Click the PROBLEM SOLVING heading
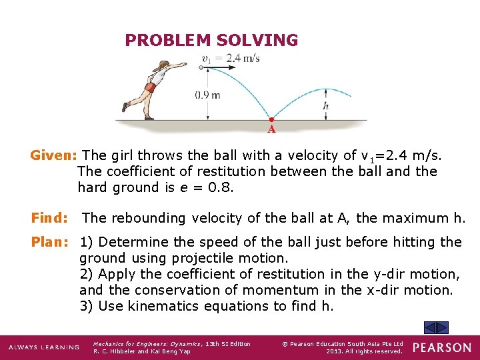click(x=211, y=41)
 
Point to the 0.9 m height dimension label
click(x=207, y=95)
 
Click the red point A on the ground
click(x=271, y=120)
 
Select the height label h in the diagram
click(x=325, y=105)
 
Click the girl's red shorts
click(x=151, y=87)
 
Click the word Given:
click(x=54, y=155)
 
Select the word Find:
click(x=50, y=218)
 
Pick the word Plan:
click(x=51, y=242)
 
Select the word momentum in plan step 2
click(x=273, y=290)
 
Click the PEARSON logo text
click(x=441, y=347)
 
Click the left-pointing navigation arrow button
click(x=431, y=327)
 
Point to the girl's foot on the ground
click(x=149, y=117)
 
